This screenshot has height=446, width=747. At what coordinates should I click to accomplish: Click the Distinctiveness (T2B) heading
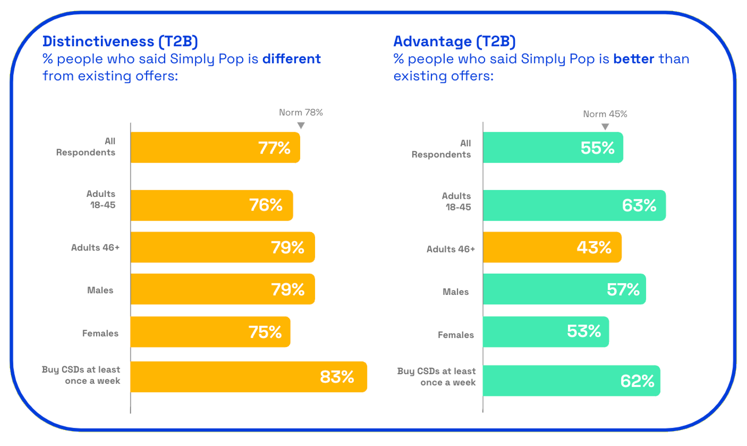[x=120, y=42]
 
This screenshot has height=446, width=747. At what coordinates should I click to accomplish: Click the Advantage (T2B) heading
[x=454, y=42]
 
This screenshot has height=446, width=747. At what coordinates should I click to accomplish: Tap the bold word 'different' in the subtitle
[x=291, y=59]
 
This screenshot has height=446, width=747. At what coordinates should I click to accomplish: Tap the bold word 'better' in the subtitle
[x=634, y=59]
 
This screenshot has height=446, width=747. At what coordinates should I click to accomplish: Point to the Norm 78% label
[x=301, y=112]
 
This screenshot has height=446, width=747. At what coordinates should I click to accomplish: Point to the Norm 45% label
[x=605, y=114]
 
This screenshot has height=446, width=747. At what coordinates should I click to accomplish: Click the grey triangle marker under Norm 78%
[x=301, y=125]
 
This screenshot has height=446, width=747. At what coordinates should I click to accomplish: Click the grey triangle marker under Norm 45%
[x=605, y=127]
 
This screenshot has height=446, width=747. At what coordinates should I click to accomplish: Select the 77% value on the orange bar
[x=274, y=148]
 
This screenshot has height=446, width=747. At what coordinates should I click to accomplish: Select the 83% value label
[x=337, y=377]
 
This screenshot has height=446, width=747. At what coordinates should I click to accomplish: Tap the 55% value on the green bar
[x=597, y=148]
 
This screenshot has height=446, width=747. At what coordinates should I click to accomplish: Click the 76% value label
[x=265, y=205]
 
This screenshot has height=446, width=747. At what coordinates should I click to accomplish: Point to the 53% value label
[x=584, y=332]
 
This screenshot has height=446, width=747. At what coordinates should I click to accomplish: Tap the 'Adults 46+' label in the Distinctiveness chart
[x=95, y=248]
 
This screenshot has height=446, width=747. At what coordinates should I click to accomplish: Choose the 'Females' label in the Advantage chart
[x=456, y=335]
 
